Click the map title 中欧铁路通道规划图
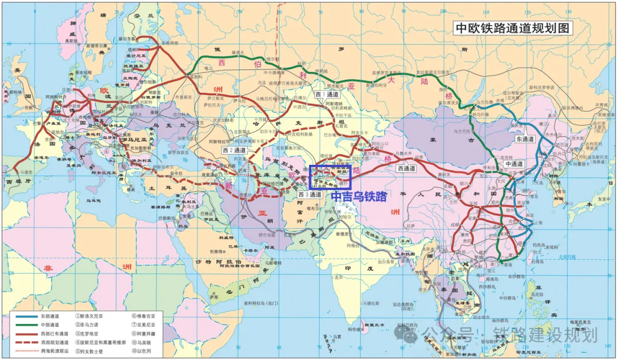point(512,29)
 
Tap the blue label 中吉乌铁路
point(359,196)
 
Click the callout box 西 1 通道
point(327,94)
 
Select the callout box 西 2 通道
point(235,149)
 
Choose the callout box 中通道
point(515,164)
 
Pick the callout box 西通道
point(407,168)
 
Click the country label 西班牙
point(17,181)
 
